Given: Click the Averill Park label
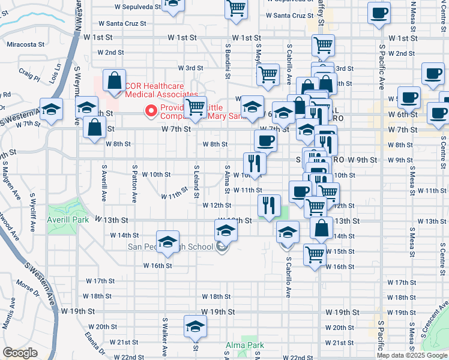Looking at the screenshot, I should pos(67,220).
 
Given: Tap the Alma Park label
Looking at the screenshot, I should pos(244,345).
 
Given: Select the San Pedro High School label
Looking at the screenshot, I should pos(170,247).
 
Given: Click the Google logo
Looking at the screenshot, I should pos(20,353).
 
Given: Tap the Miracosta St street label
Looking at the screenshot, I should pos(26,44).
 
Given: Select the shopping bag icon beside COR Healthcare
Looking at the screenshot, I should pos(114,80).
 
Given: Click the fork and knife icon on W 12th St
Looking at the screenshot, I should pos(269,205).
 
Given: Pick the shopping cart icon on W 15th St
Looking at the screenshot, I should pos(314,254).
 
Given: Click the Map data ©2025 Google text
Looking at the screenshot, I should pos(412,355).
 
